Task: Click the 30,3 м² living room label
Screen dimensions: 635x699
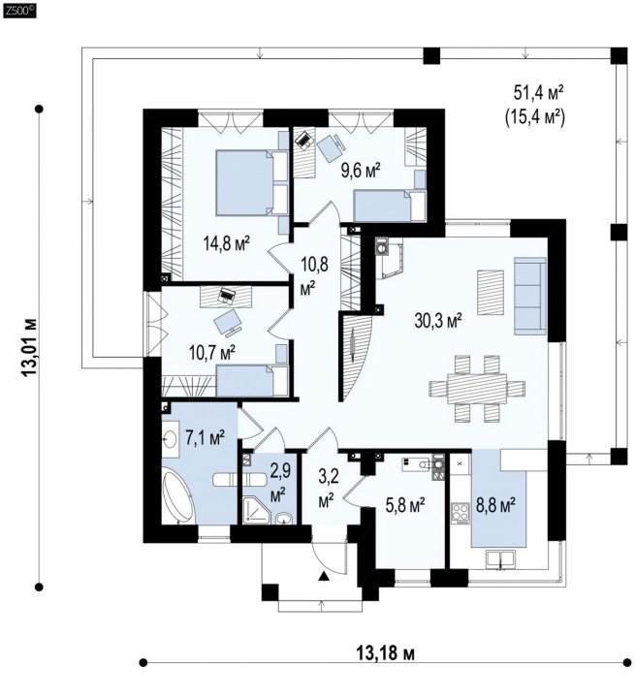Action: point(438,320)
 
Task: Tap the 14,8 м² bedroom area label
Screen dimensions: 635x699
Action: point(226,243)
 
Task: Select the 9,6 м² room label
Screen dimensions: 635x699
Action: point(361,171)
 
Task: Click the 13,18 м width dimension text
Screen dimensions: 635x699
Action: point(385,653)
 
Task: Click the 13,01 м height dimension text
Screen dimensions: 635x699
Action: point(30,348)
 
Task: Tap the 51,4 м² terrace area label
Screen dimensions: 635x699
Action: point(539,93)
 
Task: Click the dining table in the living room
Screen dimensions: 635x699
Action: point(477,389)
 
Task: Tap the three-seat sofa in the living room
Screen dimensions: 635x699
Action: point(530,296)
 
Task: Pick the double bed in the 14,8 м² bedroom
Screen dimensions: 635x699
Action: point(252,183)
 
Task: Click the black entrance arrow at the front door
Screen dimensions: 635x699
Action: point(324,577)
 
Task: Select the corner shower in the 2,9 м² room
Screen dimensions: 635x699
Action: point(256,510)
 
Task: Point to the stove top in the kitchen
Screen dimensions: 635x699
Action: point(460,512)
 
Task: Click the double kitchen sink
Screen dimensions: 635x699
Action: point(500,559)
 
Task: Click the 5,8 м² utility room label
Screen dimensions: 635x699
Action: point(405,505)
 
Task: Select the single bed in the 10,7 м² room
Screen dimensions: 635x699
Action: point(252,380)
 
